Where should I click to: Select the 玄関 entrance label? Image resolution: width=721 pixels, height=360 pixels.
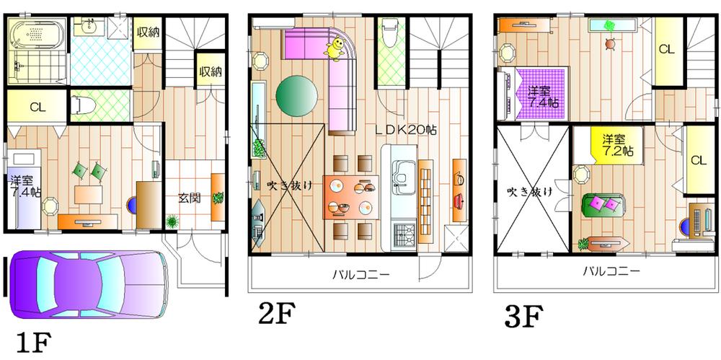189,197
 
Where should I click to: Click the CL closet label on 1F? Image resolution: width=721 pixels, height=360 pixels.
38,107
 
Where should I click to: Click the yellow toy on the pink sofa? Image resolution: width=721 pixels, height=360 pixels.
335,48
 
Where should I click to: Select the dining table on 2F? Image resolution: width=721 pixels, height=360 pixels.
353,195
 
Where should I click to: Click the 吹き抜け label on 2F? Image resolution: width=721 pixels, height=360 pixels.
287,185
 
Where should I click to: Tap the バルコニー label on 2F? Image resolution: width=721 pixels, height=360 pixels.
360,275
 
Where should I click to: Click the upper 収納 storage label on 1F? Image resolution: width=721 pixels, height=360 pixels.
149,32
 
